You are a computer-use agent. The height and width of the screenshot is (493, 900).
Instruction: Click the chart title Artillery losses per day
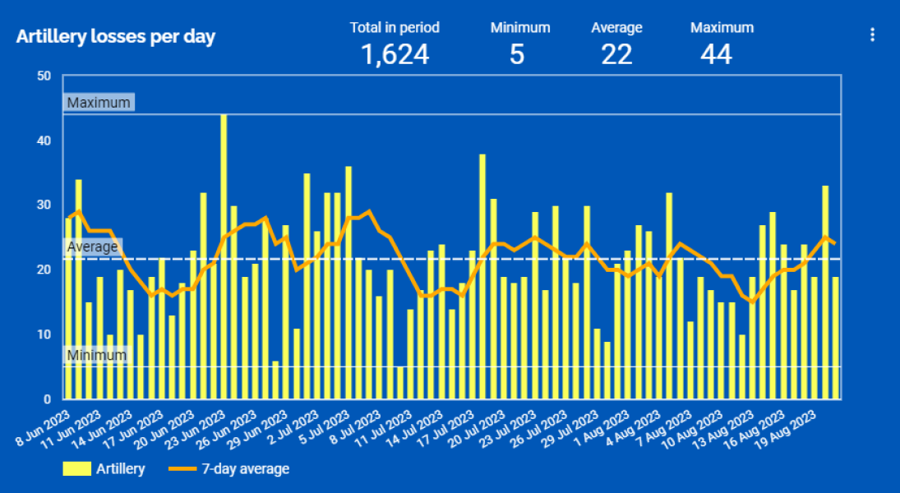tap(116, 38)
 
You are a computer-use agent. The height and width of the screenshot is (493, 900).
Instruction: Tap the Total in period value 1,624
tap(395, 54)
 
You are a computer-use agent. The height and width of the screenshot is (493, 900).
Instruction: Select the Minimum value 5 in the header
tap(517, 54)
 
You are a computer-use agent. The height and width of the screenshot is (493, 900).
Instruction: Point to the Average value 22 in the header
tap(616, 54)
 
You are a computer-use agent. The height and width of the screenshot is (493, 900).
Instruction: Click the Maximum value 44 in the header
tap(716, 54)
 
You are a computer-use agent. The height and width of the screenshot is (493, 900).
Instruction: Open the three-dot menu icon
tap(872, 35)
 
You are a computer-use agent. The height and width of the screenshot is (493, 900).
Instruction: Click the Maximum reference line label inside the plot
tap(99, 103)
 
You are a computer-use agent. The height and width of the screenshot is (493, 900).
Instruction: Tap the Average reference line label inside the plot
tap(92, 246)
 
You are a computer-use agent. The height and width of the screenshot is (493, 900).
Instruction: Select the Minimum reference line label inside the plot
tap(97, 355)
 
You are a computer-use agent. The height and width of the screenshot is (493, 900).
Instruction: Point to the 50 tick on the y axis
tap(44, 76)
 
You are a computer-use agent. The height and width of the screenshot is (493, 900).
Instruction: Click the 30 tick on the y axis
tap(44, 205)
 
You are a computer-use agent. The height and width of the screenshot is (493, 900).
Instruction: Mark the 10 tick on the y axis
tap(44, 334)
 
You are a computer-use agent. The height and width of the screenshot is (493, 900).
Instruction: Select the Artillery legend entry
tap(104, 469)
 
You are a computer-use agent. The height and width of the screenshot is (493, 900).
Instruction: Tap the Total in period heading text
tap(395, 28)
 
